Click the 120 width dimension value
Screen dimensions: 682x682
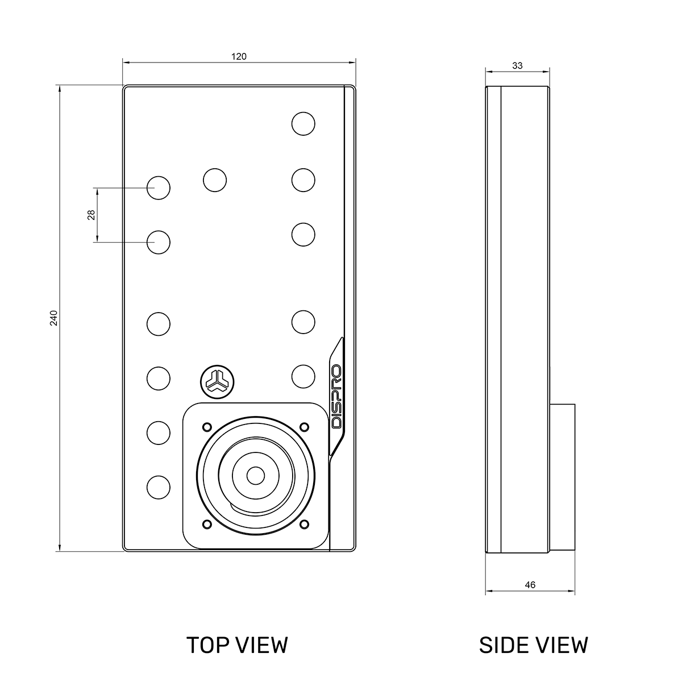click(239, 56)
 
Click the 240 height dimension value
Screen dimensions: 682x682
click(53, 318)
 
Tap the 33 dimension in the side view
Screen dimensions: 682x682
click(517, 65)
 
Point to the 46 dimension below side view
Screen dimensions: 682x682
click(530, 585)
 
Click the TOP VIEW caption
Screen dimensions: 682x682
click(237, 645)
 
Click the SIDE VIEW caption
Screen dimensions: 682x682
click(533, 645)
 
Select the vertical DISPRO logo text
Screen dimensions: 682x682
click(336, 397)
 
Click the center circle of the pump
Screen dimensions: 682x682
click(256, 475)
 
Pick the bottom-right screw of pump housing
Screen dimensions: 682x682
click(304, 523)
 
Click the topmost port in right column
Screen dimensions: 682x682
click(303, 123)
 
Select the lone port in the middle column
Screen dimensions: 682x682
click(215, 180)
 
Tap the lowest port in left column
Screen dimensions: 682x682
click(159, 487)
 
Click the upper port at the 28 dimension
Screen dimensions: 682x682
click(159, 187)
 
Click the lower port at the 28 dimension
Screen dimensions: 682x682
click(159, 242)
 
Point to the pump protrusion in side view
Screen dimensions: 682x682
click(562, 477)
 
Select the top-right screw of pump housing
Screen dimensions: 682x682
click(304, 426)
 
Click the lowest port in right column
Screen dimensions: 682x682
click(303, 376)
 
